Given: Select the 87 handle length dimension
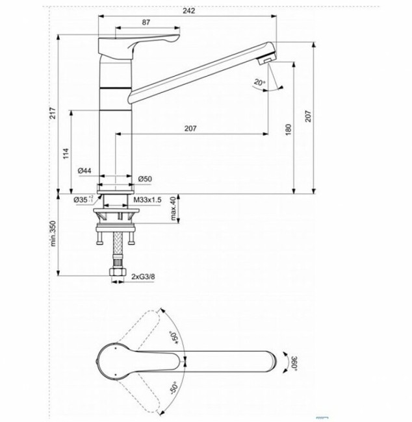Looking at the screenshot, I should click(146, 23).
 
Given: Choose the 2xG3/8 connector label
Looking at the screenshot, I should click(145, 277).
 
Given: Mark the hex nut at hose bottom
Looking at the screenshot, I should click(118, 277).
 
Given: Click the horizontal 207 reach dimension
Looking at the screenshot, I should click(190, 129).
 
